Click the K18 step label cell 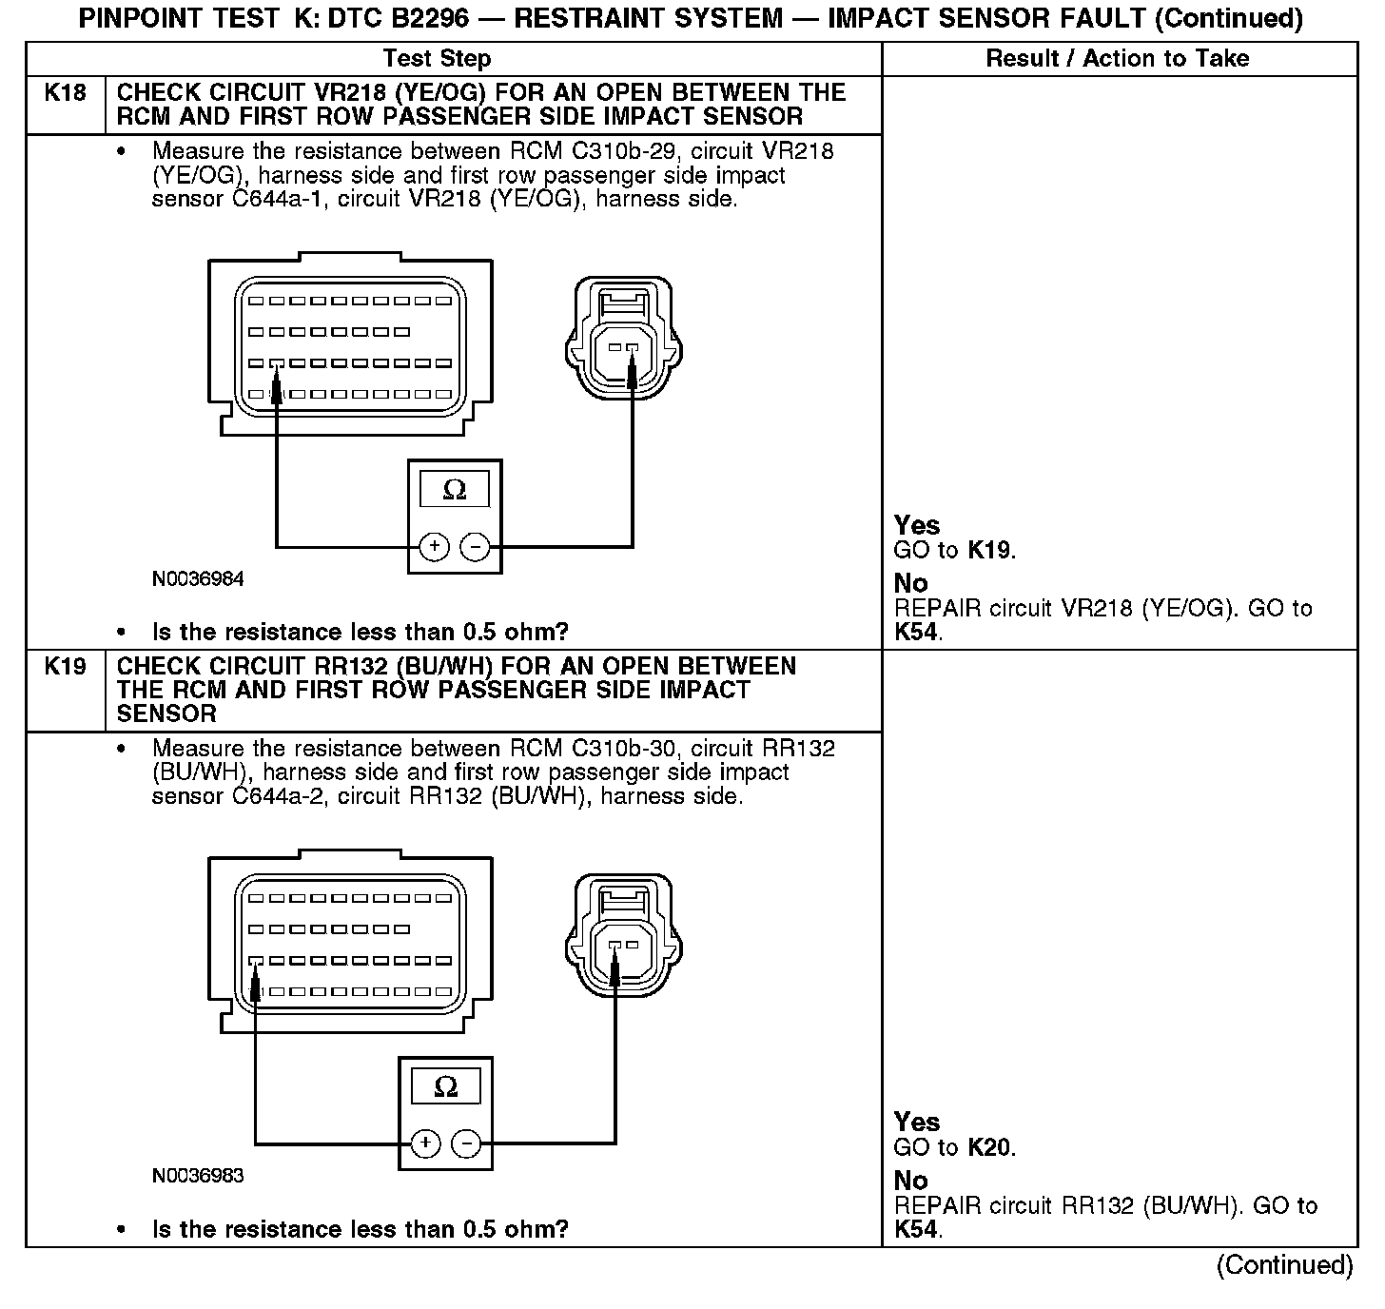(65, 93)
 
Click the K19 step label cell (65, 667)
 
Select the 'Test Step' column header (437, 59)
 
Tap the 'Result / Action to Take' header (1117, 59)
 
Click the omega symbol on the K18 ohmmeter (455, 490)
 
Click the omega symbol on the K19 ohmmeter (445, 1086)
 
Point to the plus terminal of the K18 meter (434, 547)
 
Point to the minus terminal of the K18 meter (475, 547)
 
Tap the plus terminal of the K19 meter (425, 1143)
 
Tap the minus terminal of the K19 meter (465, 1143)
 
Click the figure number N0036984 (198, 579)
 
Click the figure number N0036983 (198, 1176)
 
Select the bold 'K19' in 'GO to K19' (990, 550)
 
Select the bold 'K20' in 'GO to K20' (990, 1147)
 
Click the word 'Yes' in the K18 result (917, 525)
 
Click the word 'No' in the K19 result (910, 1181)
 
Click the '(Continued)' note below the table (1284, 1265)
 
